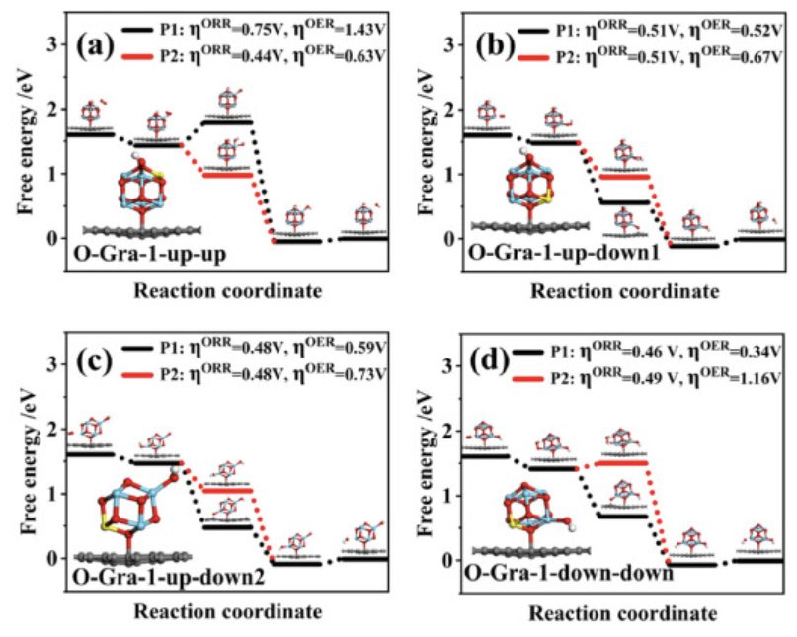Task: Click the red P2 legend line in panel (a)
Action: point(138,56)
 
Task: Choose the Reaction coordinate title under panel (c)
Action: point(228,610)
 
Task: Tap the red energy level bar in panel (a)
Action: point(226,175)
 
